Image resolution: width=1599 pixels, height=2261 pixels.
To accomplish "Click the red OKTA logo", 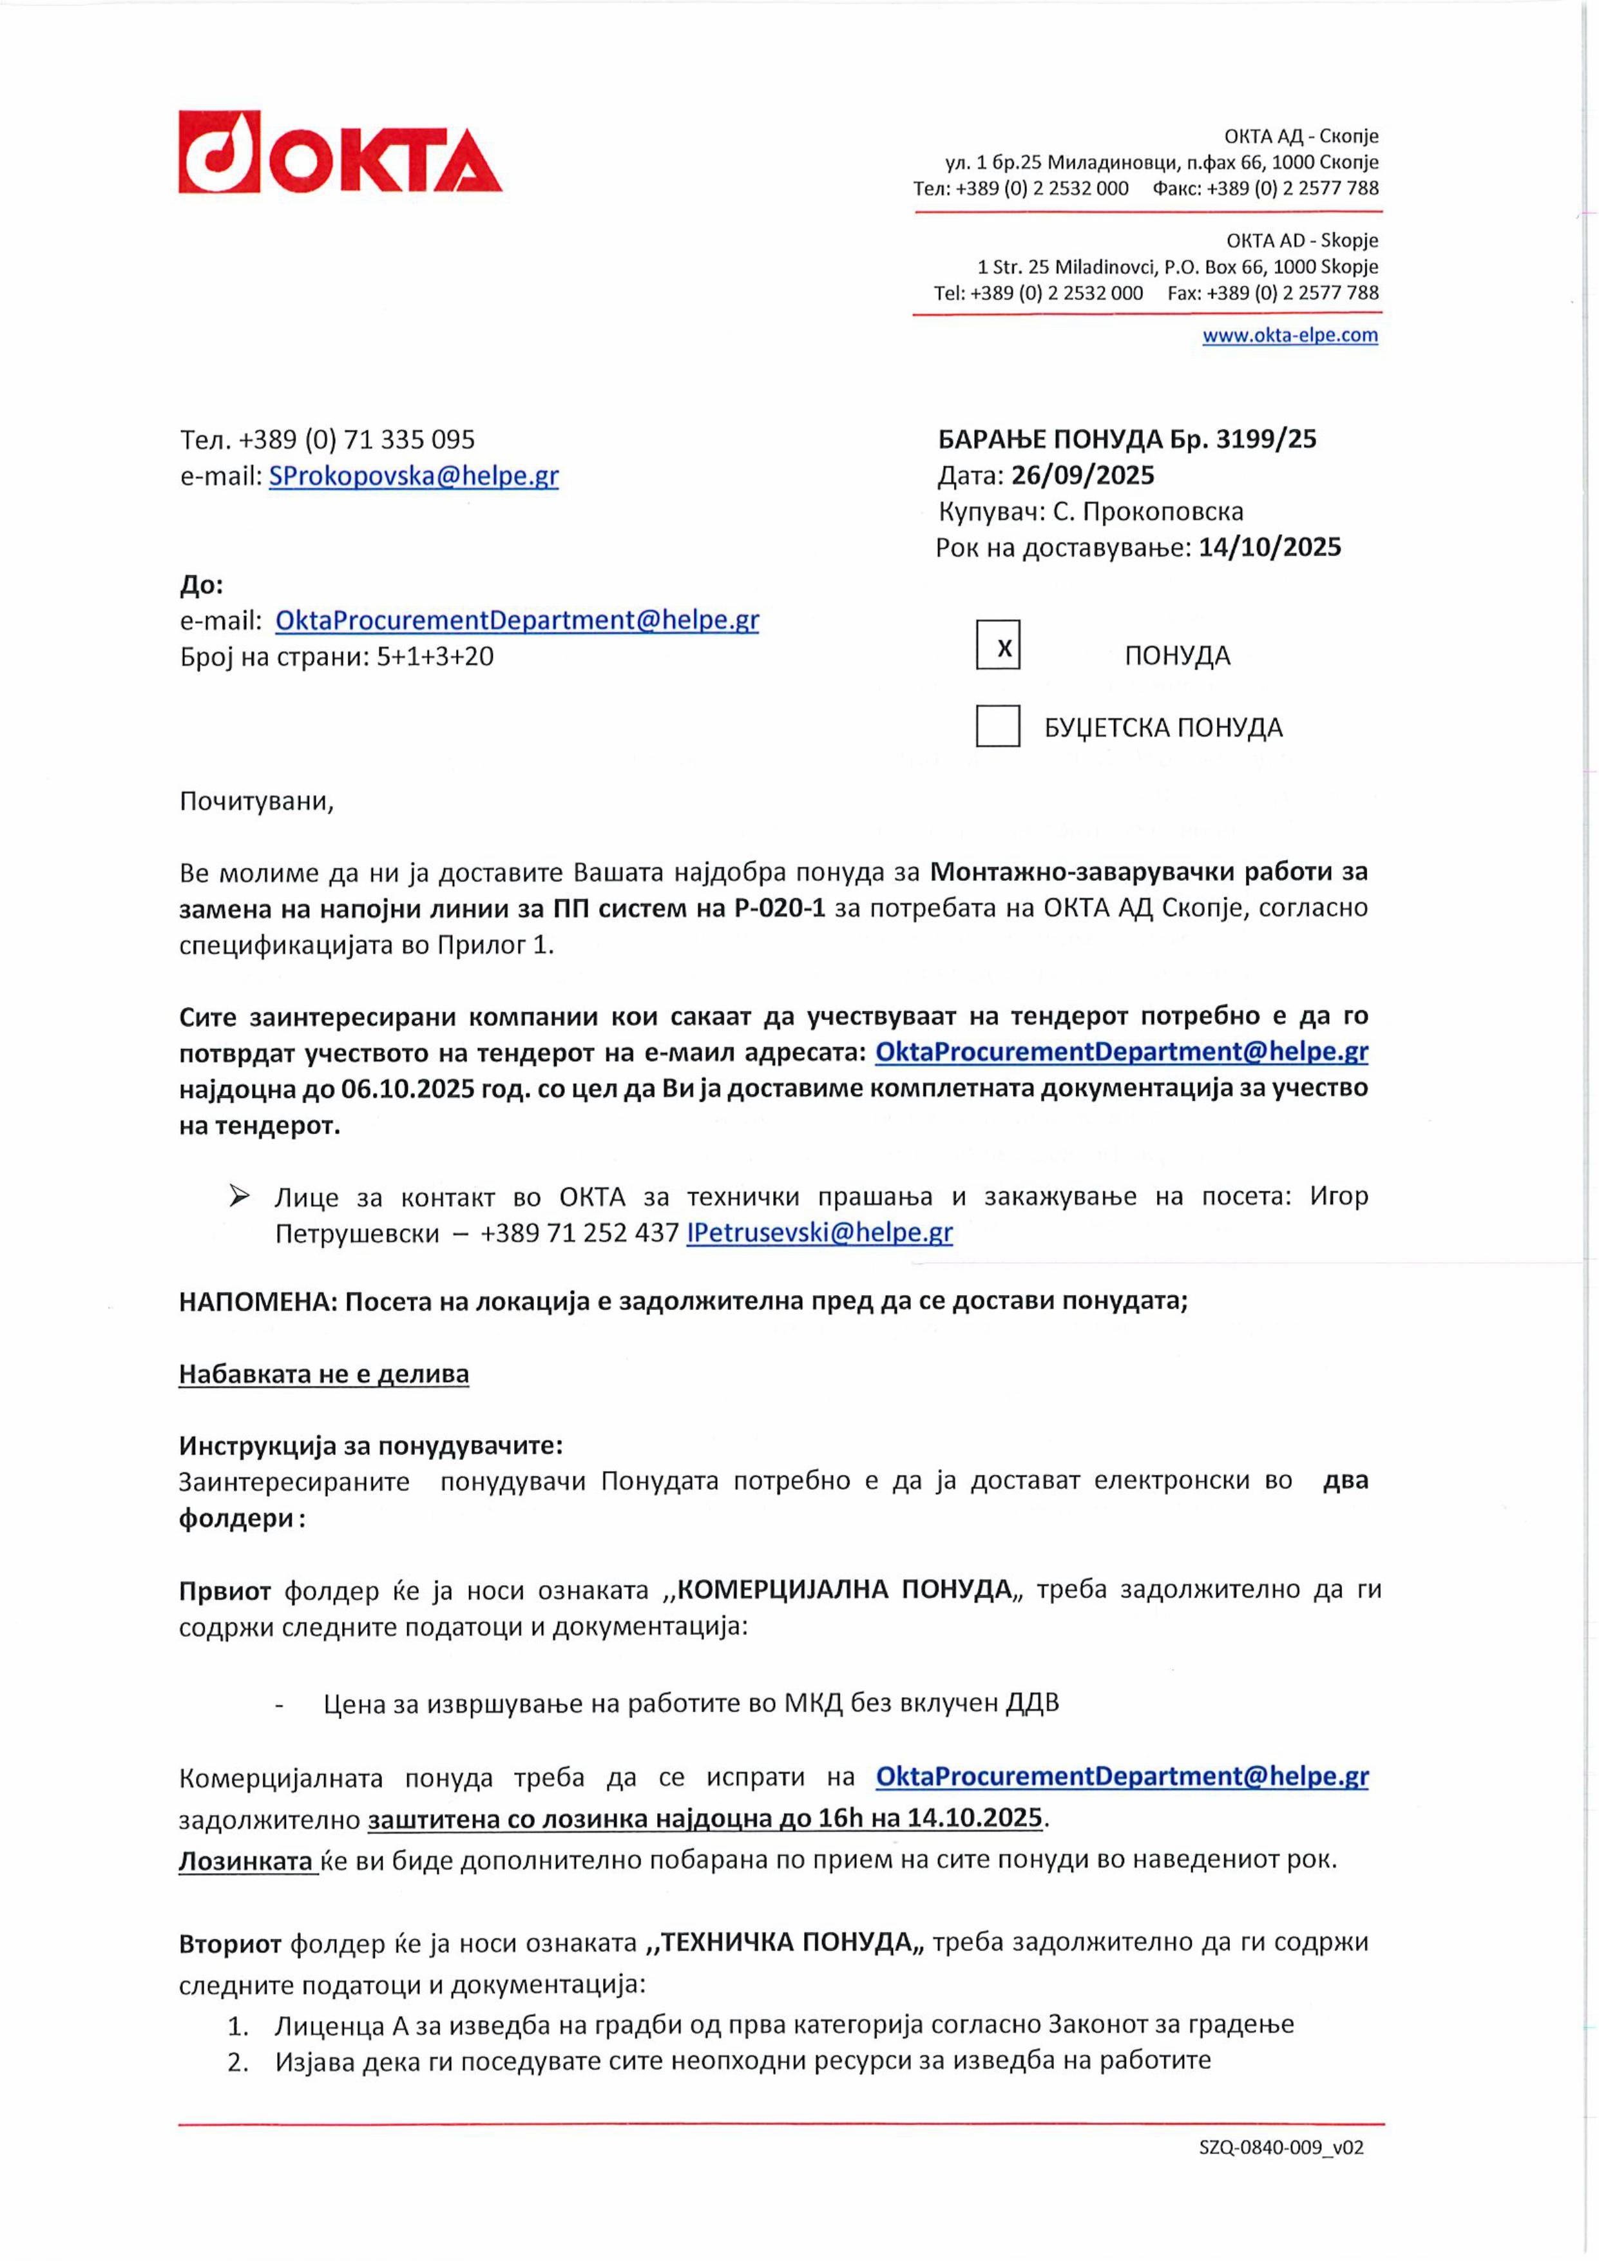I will (340, 153).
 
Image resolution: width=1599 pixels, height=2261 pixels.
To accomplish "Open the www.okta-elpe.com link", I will (1289, 335).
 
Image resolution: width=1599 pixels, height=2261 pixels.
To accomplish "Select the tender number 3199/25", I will (1265, 439).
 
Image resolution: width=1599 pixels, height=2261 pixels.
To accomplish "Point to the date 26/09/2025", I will (1082, 476).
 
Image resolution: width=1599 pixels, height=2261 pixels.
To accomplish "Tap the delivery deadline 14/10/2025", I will (1269, 548).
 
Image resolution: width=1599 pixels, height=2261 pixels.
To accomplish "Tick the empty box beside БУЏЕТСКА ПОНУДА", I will (997, 727).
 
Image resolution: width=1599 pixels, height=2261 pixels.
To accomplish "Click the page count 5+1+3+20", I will (436, 657).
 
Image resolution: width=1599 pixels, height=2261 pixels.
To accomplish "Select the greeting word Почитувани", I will (256, 802).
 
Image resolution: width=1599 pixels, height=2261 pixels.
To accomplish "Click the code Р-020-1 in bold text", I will (780, 908).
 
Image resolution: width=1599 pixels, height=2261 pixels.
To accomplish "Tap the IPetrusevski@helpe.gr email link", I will (819, 1233).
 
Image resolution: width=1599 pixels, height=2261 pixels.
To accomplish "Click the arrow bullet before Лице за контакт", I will (239, 1197).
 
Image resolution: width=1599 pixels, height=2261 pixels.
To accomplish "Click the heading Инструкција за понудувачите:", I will (370, 1446).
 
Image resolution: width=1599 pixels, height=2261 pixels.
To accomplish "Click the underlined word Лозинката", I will (246, 1860).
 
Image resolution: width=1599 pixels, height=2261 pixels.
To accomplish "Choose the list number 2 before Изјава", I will (237, 2061).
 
